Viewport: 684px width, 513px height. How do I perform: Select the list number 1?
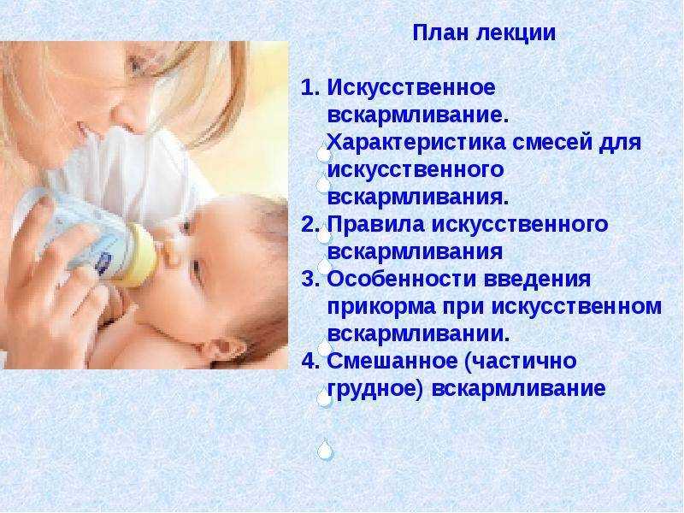click(x=310, y=88)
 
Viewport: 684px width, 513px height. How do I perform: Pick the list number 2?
click(x=310, y=225)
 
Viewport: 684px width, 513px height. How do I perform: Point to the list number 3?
click(x=310, y=280)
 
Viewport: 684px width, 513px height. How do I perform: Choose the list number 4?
click(x=310, y=361)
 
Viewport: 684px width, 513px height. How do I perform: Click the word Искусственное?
click(x=411, y=88)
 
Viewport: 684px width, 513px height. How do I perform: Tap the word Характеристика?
click(x=416, y=143)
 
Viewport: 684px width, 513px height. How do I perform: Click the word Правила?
click(x=375, y=225)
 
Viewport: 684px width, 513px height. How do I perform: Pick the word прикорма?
click(x=381, y=307)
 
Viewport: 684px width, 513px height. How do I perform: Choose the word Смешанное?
click(x=392, y=361)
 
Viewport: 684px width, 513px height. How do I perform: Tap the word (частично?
click(x=521, y=362)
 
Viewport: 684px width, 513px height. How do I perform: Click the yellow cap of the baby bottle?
click(x=139, y=255)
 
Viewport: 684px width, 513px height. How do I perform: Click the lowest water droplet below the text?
click(x=325, y=450)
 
